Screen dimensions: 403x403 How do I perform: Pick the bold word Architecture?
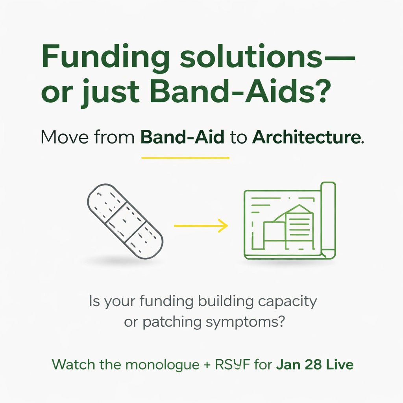coord(307,139)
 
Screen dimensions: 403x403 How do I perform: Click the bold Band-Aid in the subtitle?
coord(183,139)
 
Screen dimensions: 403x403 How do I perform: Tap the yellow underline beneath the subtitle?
coord(185,158)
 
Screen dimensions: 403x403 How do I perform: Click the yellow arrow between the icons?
coord(201,226)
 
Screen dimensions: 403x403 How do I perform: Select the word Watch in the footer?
coord(72,364)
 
